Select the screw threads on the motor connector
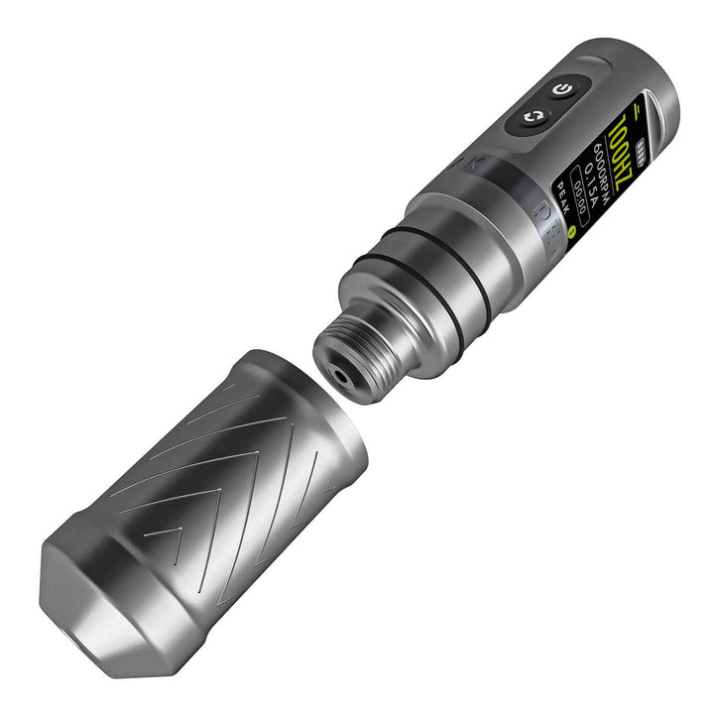pos(372,342)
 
